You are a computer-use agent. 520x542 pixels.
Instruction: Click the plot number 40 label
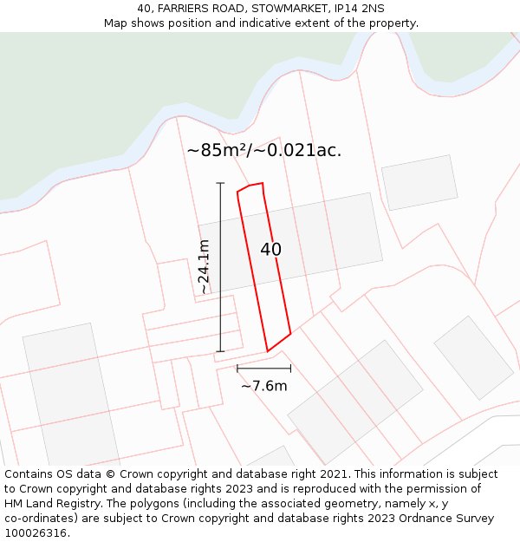270,250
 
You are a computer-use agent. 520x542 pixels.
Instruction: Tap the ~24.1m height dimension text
205,267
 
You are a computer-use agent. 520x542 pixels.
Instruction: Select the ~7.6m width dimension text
263,386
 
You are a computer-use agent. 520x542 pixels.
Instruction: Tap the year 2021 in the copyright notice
332,474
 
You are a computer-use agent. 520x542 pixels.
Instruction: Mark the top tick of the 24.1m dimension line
220,184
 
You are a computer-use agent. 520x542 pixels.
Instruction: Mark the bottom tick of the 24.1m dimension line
220,351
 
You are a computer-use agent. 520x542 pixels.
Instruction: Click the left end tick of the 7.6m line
237,369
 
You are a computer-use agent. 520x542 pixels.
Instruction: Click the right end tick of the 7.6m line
290,369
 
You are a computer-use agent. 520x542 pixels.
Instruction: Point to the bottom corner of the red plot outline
267,351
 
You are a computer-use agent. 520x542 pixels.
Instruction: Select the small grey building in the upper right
419,182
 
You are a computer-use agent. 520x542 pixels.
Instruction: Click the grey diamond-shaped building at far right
474,357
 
